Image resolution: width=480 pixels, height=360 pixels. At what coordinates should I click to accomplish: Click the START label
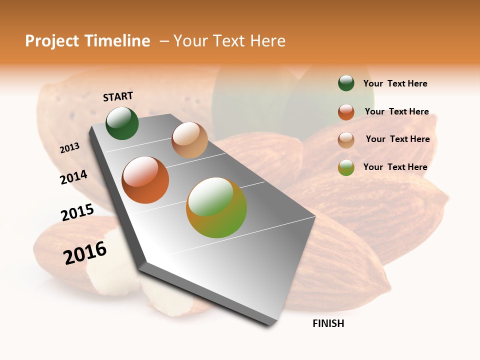coord(118,96)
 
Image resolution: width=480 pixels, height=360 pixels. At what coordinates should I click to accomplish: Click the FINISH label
coord(328,323)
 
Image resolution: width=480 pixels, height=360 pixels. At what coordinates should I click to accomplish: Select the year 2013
coord(69,147)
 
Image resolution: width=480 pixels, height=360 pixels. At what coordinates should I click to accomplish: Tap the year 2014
coord(73,177)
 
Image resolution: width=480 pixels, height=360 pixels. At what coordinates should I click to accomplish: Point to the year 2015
coord(77,212)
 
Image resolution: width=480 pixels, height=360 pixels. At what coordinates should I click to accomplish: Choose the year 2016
coord(85,253)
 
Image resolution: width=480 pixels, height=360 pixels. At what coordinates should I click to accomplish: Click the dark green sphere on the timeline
coord(122,123)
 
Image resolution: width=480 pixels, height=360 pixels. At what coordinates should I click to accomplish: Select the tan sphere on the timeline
coord(189,140)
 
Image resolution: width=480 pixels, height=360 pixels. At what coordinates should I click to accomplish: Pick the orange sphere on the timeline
coord(145,180)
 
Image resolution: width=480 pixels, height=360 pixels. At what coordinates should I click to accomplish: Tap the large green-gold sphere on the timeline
coord(216,207)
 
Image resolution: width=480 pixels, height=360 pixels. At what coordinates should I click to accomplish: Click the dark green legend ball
coord(346,83)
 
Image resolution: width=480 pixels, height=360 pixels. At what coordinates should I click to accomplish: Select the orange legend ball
coord(346,111)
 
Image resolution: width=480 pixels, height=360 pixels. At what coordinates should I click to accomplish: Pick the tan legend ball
coord(346,139)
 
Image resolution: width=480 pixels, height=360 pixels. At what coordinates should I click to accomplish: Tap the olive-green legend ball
coord(346,167)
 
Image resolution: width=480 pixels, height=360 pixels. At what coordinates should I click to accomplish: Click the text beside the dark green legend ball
coord(395,83)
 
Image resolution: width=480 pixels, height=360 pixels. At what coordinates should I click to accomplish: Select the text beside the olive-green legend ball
coord(395,167)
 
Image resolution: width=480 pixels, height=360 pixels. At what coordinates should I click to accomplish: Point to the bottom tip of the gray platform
coord(270,325)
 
